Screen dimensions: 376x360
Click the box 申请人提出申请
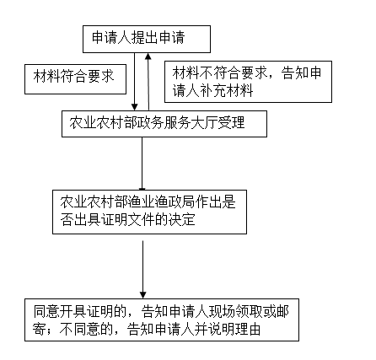pyautogui.click(x=147, y=39)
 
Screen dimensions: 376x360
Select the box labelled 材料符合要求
pyautogui.click(x=75, y=79)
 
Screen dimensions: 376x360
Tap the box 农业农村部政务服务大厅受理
pyautogui.click(x=164, y=124)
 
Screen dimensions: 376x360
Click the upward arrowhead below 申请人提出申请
pyautogui.click(x=148, y=56)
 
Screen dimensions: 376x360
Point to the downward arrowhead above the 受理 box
pyautogui.click(x=135, y=107)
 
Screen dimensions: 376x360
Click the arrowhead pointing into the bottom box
pyautogui.click(x=142, y=295)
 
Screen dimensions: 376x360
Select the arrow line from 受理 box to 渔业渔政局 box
pyautogui.click(x=142, y=164)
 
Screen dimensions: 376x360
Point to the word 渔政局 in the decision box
pyautogui.click(x=175, y=201)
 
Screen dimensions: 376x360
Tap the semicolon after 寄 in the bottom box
pyautogui.click(x=50, y=330)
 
